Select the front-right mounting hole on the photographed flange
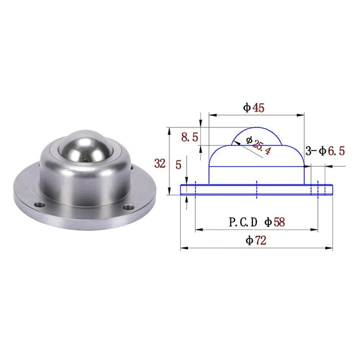click(128, 207)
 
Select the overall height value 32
click(160, 164)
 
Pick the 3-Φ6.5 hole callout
click(326, 151)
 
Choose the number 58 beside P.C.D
click(278, 222)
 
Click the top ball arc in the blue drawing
click(257, 128)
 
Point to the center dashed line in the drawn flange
click(256, 190)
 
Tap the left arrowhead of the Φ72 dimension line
click(183, 248)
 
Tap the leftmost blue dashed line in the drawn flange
click(195, 190)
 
